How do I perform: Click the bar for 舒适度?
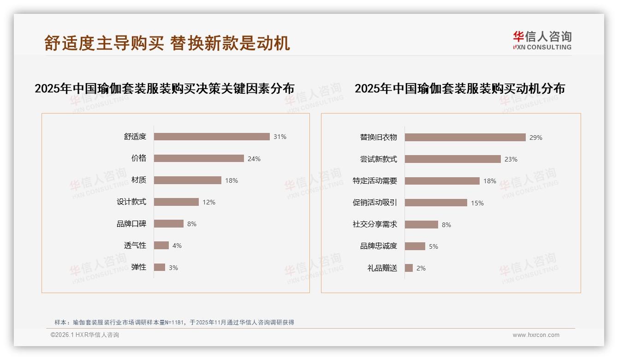[212, 137]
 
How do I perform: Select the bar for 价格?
[199, 158]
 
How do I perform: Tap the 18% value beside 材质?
[232, 180]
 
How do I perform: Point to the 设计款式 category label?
[131, 202]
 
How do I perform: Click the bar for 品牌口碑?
[169, 224]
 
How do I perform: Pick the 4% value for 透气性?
[177, 246]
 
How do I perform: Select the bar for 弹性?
[160, 267]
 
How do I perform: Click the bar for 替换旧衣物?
[465, 137]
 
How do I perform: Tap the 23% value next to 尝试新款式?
[511, 159]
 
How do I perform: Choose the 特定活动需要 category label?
[375, 181]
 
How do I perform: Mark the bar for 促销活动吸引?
[436, 203]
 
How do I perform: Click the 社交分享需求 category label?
[375, 224]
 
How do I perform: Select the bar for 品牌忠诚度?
[415, 246]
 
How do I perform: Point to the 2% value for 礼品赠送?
[421, 268]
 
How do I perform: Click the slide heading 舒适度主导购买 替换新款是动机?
[167, 43]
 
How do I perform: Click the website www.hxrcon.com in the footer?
[536, 335]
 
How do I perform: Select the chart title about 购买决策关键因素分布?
[165, 89]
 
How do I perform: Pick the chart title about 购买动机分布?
[460, 89]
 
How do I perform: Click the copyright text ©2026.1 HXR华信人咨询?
[85, 335]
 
